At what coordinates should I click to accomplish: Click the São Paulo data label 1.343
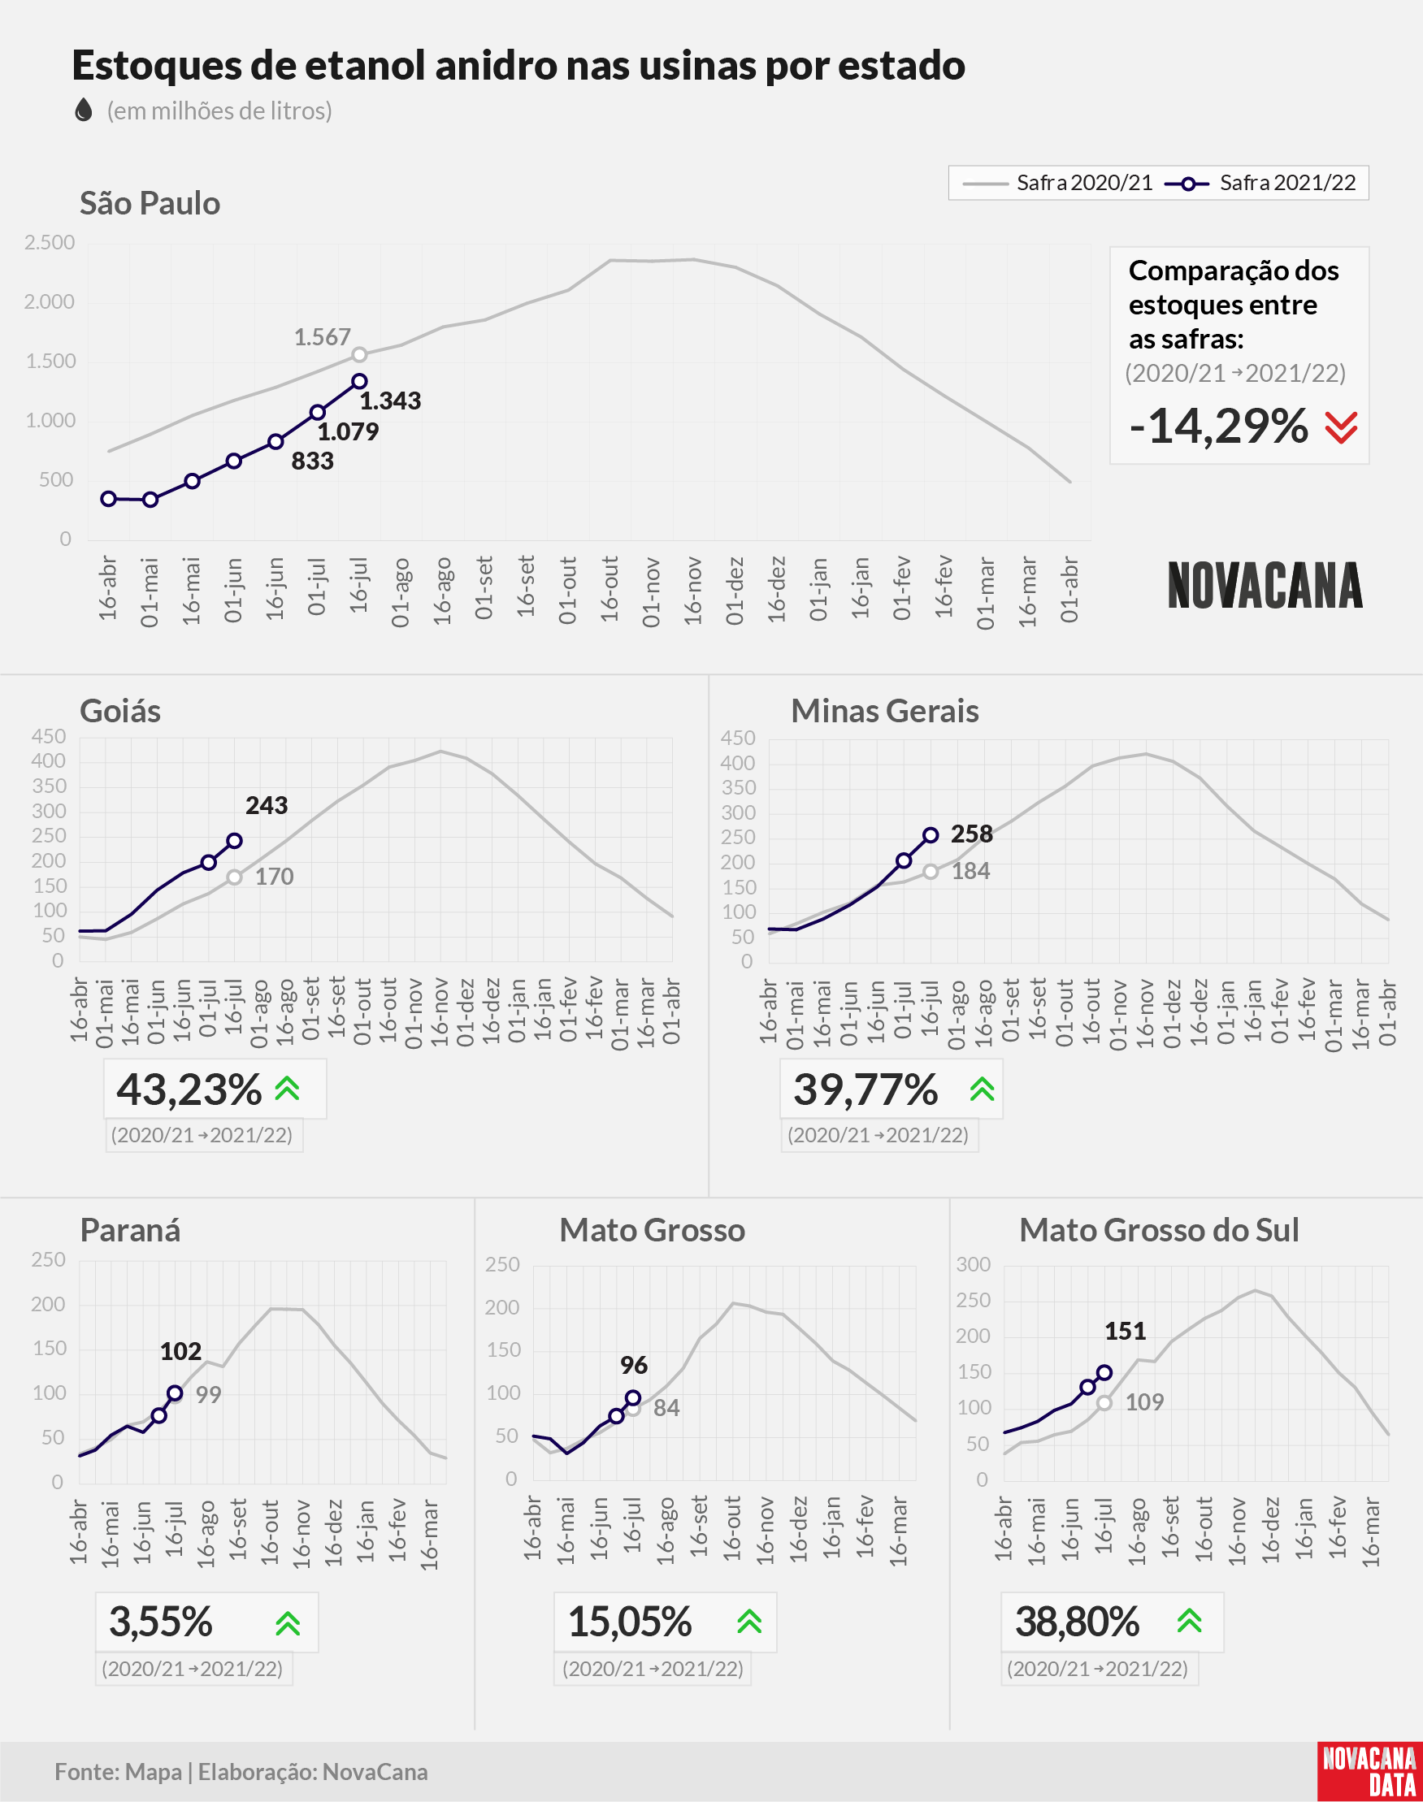click(390, 401)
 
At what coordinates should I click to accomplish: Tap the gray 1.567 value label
click(322, 337)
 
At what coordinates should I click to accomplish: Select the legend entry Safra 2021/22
click(1260, 183)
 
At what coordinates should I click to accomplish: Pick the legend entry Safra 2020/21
click(1057, 183)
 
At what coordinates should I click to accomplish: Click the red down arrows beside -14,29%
click(1342, 427)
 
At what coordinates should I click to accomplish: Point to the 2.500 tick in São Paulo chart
click(49, 242)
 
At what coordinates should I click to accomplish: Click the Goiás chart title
click(120, 711)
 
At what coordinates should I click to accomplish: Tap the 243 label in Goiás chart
click(267, 805)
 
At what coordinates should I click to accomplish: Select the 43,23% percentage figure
click(189, 1089)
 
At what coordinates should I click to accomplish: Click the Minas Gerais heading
click(885, 711)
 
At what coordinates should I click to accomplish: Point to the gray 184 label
click(970, 871)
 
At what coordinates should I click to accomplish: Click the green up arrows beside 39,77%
click(983, 1089)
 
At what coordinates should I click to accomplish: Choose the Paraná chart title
click(130, 1230)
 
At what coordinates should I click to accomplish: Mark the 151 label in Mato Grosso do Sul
click(1126, 1332)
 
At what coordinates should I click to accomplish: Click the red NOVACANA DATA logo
click(1369, 1771)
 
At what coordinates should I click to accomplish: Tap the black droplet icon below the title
click(84, 110)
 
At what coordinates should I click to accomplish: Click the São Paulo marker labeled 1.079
click(318, 412)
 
